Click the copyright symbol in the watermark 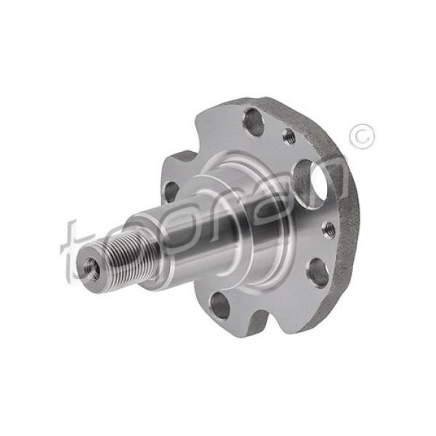pyautogui.click(x=361, y=137)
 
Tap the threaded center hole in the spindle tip pyautogui.click(x=93, y=268)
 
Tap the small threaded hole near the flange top pyautogui.click(x=288, y=135)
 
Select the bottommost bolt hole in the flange pyautogui.click(x=220, y=305)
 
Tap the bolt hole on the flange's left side pyautogui.click(x=171, y=191)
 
